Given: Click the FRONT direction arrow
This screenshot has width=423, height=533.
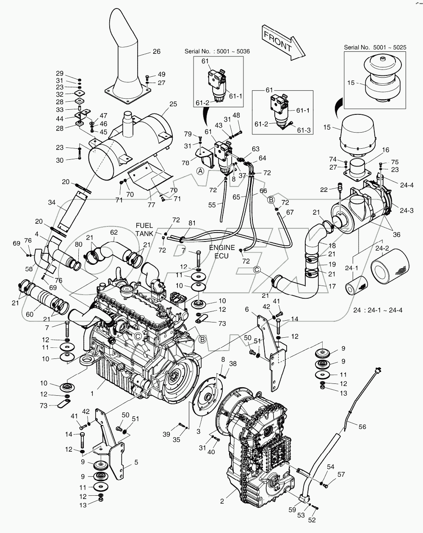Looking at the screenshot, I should point(281,42).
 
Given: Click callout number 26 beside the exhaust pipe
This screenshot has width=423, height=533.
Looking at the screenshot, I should point(157,52).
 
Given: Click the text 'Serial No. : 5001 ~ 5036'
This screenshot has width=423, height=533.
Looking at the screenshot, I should point(217,51).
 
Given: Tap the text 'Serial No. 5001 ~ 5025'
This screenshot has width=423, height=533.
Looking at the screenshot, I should point(375,47).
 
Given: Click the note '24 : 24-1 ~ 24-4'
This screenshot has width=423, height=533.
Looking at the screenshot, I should point(378,310).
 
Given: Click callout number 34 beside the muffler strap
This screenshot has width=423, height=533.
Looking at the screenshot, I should point(51,203).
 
